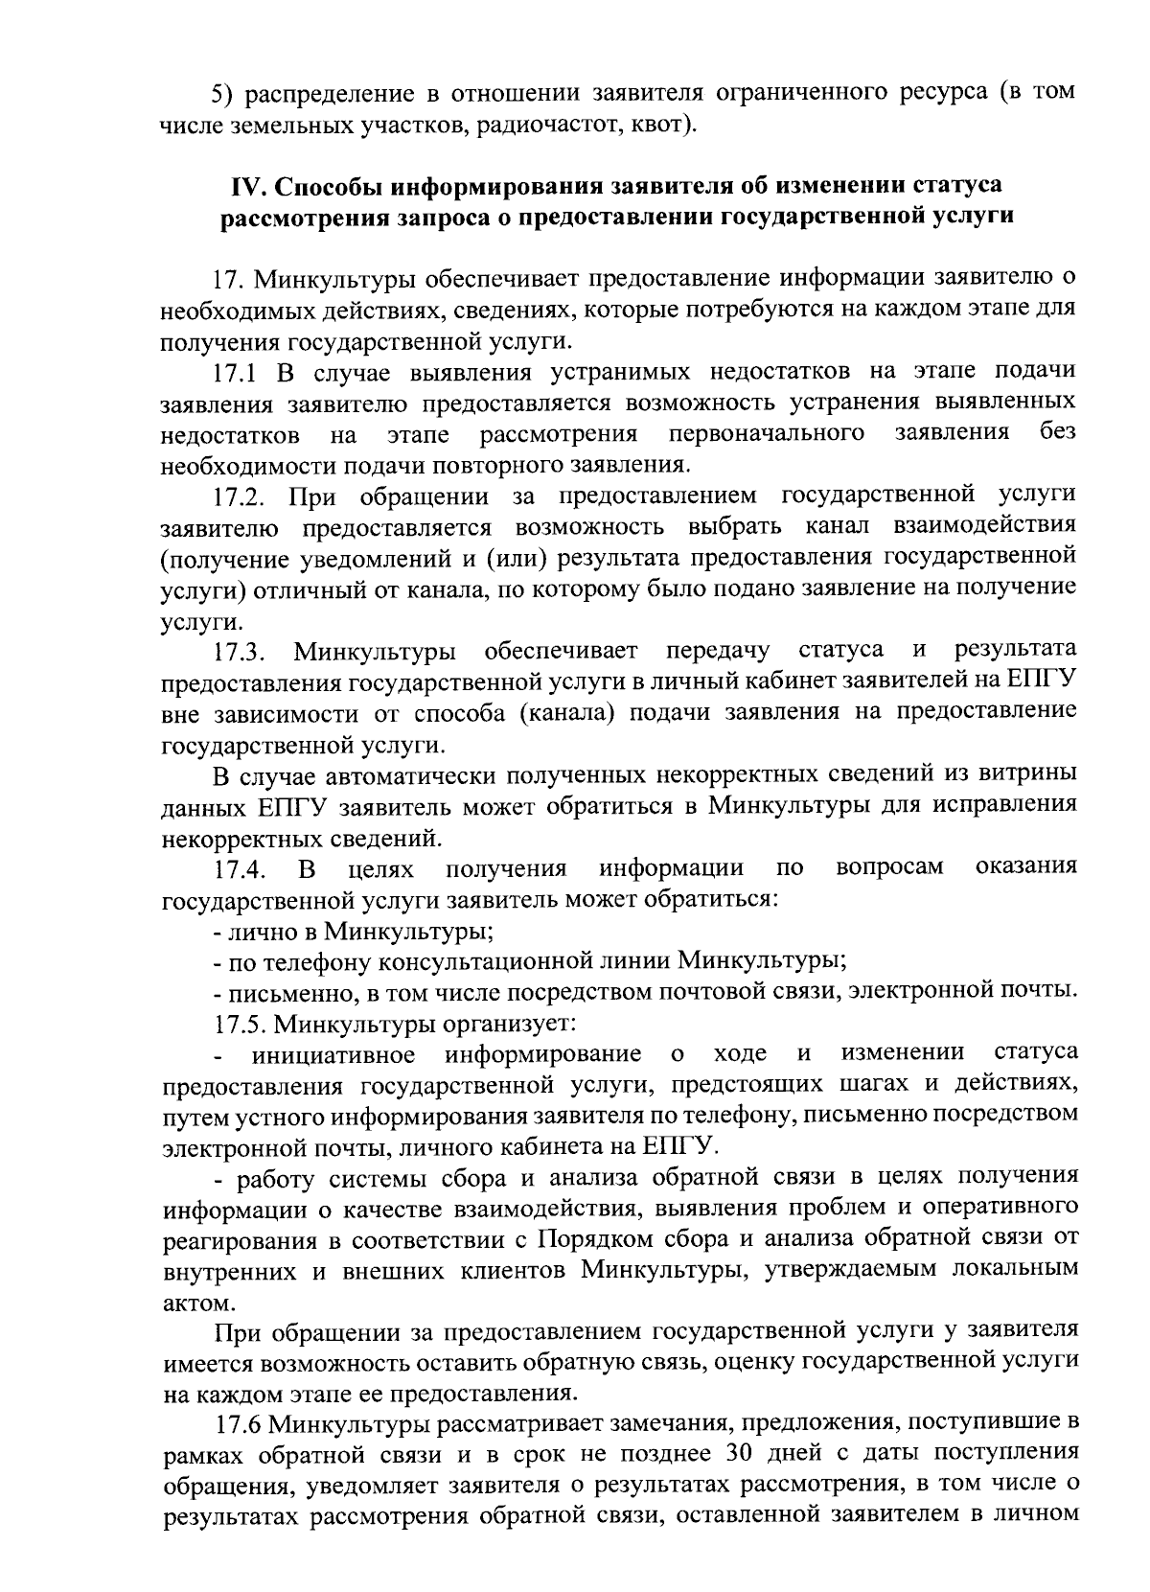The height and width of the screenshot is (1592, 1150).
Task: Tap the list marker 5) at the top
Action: pos(223,93)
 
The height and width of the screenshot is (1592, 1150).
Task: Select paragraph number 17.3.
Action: pos(240,652)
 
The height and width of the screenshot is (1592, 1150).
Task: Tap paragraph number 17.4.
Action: pos(240,869)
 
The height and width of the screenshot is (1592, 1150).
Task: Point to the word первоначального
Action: pos(767,434)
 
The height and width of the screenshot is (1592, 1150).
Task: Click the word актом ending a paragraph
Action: pos(195,1304)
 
